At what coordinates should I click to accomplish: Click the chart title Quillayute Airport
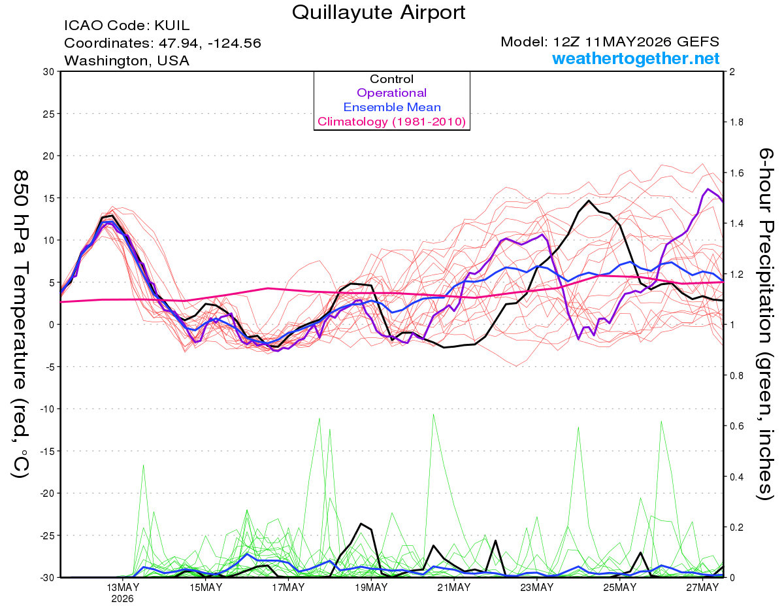pyautogui.click(x=378, y=12)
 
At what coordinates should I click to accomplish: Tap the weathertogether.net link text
pyautogui.click(x=636, y=58)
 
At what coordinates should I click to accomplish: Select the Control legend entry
pyautogui.click(x=391, y=79)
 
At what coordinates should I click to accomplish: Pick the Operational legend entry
pyautogui.click(x=391, y=93)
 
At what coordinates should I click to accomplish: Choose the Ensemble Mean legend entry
pyautogui.click(x=392, y=107)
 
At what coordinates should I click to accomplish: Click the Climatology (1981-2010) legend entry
pyautogui.click(x=391, y=122)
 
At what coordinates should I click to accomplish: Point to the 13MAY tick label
pyautogui.click(x=122, y=587)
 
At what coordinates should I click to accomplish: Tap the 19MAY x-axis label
pyautogui.click(x=371, y=587)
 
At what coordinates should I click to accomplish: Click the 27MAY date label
pyautogui.click(x=702, y=587)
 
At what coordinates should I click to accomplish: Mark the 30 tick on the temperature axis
pyautogui.click(x=48, y=72)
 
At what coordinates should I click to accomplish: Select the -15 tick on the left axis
pyautogui.click(x=46, y=451)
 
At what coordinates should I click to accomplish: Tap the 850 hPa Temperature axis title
pyautogui.click(x=20, y=325)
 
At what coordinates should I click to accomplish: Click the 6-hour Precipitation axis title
pyautogui.click(x=765, y=324)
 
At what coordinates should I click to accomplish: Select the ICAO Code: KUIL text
pyautogui.click(x=127, y=25)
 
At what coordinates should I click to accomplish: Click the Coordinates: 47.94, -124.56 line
pyautogui.click(x=163, y=43)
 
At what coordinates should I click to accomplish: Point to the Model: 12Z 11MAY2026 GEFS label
pyautogui.click(x=610, y=42)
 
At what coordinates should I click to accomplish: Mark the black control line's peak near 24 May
pyautogui.click(x=589, y=201)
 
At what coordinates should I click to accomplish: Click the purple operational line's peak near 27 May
pyautogui.click(x=708, y=189)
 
